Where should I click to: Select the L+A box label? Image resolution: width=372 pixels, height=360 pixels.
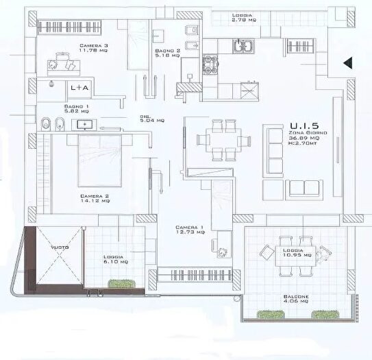[x=79, y=88]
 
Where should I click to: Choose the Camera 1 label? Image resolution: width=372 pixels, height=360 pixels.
[x=189, y=230]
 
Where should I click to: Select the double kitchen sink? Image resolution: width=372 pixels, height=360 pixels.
[x=242, y=47]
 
